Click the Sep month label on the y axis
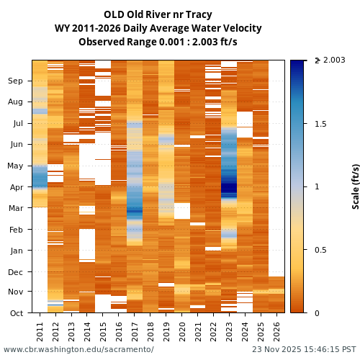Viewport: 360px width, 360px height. coord(16,81)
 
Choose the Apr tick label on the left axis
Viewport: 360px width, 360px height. coord(16,187)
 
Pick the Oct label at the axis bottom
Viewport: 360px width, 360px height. coord(16,312)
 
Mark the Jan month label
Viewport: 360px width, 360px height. coord(16,251)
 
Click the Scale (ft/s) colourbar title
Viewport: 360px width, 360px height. coord(355,186)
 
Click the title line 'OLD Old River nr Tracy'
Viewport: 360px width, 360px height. coord(158,14)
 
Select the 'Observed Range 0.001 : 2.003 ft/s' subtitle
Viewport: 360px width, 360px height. coord(158,42)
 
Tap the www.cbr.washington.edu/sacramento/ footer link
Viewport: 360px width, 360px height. coord(78,349)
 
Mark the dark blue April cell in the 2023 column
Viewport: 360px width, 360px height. coord(229,189)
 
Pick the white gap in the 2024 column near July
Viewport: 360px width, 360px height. coord(245,119)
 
